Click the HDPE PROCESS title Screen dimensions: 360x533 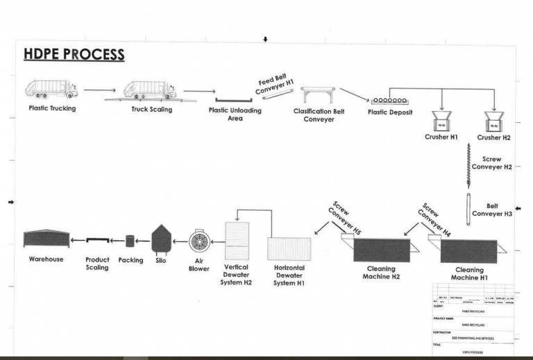point(74,55)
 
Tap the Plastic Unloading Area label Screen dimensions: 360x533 point(235,114)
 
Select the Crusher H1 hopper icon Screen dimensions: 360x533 point(441,121)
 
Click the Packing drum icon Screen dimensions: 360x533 point(130,241)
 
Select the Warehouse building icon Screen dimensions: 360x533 point(46,239)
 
